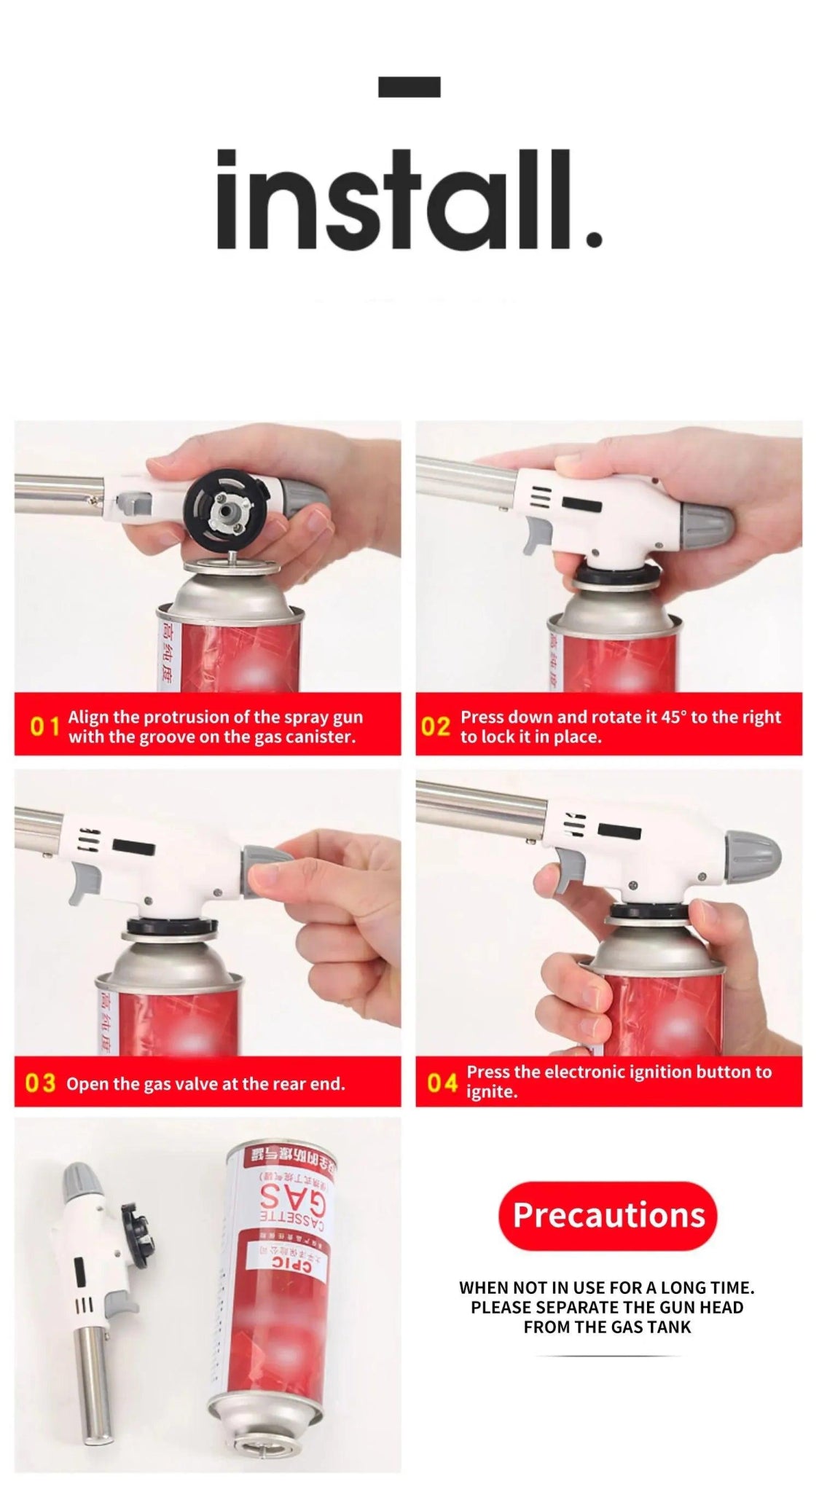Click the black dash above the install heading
[x=409, y=87]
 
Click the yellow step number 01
[x=44, y=726]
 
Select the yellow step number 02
[x=436, y=726]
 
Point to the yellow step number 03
[x=40, y=1083]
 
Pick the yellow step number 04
[x=442, y=1083]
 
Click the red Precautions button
[x=608, y=1215]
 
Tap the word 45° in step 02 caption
[x=673, y=717]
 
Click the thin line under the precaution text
[x=607, y=1356]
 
